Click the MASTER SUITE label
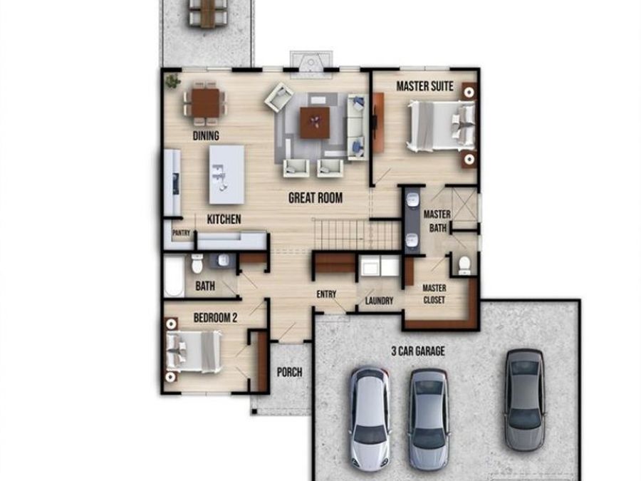click(424, 87)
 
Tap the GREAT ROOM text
click(315, 198)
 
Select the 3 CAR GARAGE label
click(418, 351)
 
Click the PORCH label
click(289, 372)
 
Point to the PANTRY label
click(181, 232)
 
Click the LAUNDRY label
click(379, 301)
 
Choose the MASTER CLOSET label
click(434, 294)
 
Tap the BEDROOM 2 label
click(215, 318)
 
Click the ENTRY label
click(326, 294)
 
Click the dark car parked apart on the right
click(525, 399)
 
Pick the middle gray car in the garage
click(428, 418)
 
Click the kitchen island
click(226, 174)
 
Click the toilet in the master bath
click(464, 264)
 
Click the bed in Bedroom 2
click(194, 351)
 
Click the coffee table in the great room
click(314, 123)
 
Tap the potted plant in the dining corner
click(172, 82)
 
